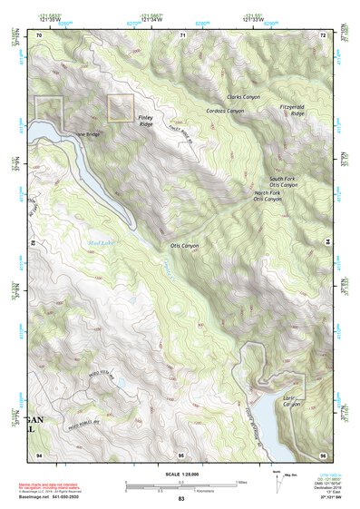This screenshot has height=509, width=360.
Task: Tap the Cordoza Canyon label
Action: click(225, 111)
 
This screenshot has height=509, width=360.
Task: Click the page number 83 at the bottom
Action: click(181, 499)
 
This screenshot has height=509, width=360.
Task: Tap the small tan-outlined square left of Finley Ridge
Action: click(121, 108)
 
